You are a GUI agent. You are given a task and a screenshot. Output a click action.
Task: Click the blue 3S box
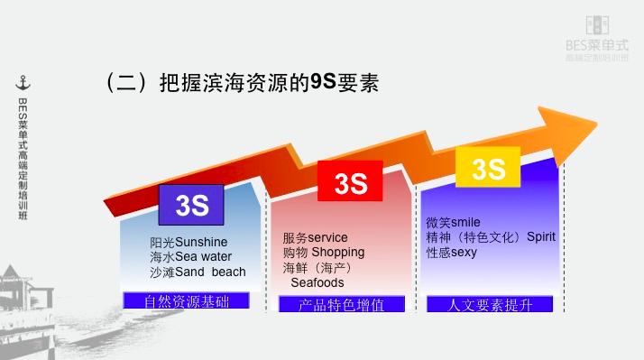coord(192,205)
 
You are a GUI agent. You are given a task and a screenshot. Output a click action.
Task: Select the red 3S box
coord(350,181)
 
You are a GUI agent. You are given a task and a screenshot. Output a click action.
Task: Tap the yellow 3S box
coord(487,168)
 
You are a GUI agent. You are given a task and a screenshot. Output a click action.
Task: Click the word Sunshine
coord(201,243)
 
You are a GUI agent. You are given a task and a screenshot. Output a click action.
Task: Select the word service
coord(327,238)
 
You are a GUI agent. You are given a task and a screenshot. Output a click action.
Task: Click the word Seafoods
coord(317,282)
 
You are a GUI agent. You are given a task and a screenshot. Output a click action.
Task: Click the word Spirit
coord(541,237)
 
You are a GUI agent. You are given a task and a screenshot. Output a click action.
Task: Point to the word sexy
coord(464,253)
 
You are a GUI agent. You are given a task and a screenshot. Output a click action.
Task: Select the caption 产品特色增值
coord(342,305)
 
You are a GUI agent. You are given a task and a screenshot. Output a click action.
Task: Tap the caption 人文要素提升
coord(491,305)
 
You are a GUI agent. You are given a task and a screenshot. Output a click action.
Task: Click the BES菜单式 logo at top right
coord(596,37)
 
